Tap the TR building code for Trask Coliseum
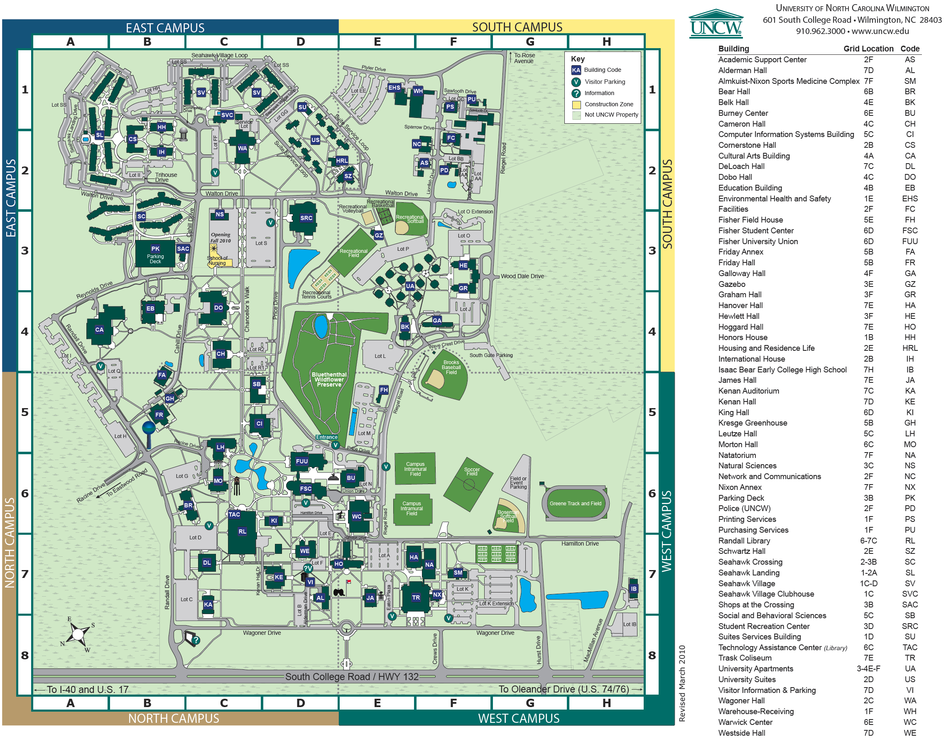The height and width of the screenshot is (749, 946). coord(416,597)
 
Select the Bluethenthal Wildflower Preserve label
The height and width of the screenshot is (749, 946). coord(329,379)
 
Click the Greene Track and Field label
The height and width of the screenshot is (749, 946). coord(576,504)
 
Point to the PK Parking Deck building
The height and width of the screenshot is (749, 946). coord(155,253)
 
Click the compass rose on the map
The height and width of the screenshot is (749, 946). coord(78,634)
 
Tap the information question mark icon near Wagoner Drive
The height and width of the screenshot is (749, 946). coord(196,640)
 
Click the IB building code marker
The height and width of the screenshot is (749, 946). coord(633,588)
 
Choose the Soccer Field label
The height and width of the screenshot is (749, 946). coord(471,471)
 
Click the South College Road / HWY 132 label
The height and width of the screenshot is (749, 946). coord(352,677)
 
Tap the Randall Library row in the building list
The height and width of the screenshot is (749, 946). coord(744,541)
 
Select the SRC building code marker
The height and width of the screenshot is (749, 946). coord(306,218)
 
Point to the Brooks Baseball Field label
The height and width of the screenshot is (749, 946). coord(451,367)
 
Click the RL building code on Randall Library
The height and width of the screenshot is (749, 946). coord(242,531)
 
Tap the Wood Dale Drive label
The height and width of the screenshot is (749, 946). coord(522,276)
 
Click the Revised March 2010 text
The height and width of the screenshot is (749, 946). coord(681,683)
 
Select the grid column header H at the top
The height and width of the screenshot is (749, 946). coord(606,42)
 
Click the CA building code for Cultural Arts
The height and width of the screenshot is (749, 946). coord(100,330)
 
